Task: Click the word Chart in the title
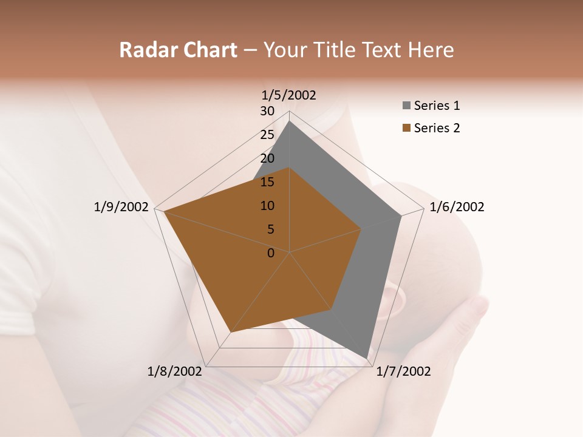point(208,50)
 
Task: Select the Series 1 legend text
point(437,106)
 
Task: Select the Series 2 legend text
point(437,128)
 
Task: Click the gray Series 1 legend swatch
point(406,106)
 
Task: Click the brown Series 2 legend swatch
point(406,129)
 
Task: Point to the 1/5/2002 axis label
point(289,95)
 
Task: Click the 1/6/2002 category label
point(457,207)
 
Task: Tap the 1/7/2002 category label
point(403,371)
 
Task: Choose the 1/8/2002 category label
point(175,371)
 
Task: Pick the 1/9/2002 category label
point(121,207)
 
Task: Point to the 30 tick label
point(267,111)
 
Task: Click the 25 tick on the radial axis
point(267,135)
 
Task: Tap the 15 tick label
point(267,182)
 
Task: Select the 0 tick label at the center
point(271,253)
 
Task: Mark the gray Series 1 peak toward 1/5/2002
point(290,121)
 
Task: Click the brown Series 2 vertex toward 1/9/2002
point(164,212)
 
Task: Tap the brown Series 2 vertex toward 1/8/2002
point(231,332)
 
